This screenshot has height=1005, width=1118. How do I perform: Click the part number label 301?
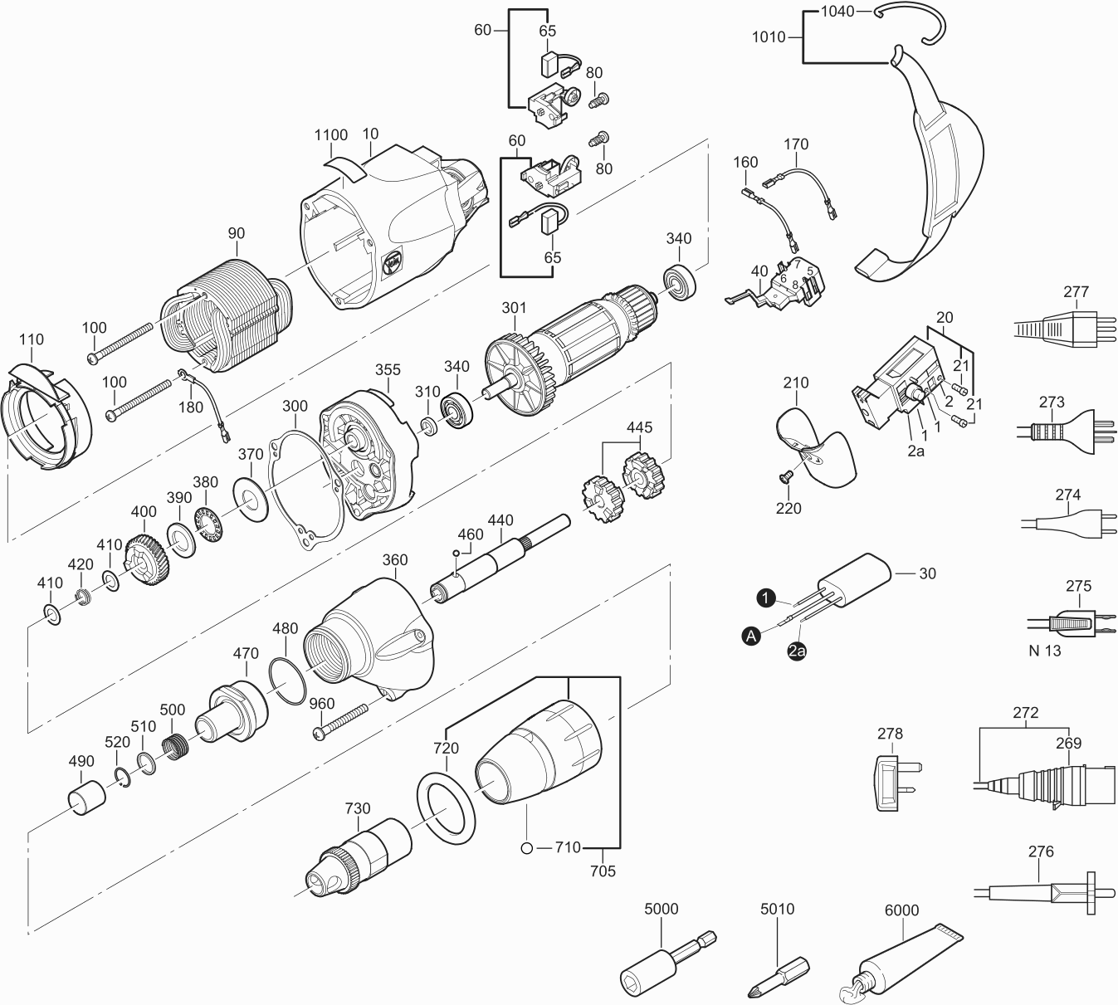[514, 308]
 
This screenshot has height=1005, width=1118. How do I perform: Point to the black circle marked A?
[751, 637]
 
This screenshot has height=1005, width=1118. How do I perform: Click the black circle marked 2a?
[797, 651]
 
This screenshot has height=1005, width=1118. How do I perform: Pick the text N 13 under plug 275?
[1045, 651]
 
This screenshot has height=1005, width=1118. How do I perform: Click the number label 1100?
[330, 135]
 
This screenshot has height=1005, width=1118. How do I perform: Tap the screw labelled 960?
[339, 721]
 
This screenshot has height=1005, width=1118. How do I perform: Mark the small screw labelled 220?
[786, 476]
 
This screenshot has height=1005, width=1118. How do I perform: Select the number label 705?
[603, 871]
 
